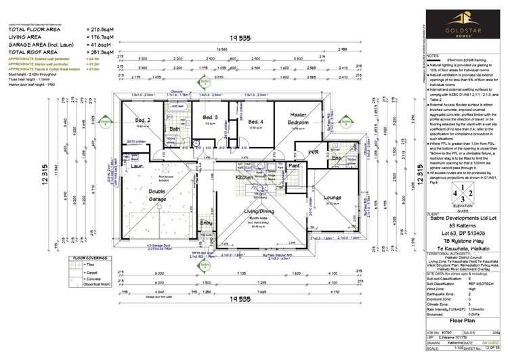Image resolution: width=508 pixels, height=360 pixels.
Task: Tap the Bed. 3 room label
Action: tap(210, 118)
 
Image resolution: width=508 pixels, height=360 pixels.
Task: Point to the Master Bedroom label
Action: tap(299, 118)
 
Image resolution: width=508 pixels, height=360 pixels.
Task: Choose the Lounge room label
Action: tap(333, 198)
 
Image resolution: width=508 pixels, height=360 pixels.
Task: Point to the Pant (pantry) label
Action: tap(295, 164)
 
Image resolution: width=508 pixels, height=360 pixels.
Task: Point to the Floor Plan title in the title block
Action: tap(449, 324)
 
